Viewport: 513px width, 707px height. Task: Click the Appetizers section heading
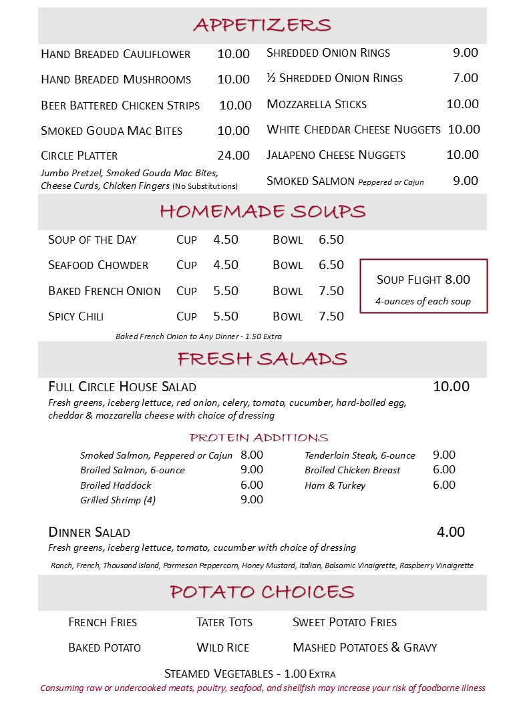click(x=262, y=25)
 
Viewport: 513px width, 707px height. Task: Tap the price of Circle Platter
click(x=233, y=156)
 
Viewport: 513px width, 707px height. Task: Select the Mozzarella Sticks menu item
click(x=317, y=104)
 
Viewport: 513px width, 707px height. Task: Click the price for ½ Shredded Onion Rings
click(x=466, y=78)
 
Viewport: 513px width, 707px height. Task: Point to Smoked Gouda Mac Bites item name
click(x=112, y=131)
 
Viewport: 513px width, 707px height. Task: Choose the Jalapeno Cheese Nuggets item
click(x=336, y=155)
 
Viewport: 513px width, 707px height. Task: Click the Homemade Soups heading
click(x=262, y=212)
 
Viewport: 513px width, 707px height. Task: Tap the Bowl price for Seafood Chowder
click(x=331, y=265)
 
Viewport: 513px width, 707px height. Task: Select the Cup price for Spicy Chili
click(x=226, y=316)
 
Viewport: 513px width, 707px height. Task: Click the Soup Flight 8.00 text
click(x=423, y=280)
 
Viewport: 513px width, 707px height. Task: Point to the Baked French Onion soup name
click(x=104, y=291)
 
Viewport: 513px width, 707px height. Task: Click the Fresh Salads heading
click(x=262, y=359)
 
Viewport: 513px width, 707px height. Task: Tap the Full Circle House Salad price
click(x=452, y=387)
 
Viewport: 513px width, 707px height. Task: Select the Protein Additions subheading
click(x=259, y=438)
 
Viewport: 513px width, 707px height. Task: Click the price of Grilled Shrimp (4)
click(x=252, y=499)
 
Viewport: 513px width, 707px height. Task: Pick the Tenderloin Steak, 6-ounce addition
click(x=360, y=455)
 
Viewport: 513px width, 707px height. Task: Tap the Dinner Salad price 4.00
click(x=451, y=532)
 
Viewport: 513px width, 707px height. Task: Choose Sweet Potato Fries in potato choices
click(x=345, y=622)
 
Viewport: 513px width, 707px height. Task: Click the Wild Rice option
click(x=223, y=648)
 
